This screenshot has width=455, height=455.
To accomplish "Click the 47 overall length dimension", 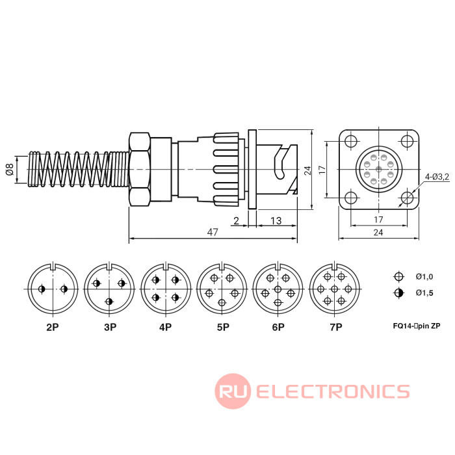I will (x=213, y=232).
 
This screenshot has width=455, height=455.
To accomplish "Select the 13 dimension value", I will (x=275, y=220).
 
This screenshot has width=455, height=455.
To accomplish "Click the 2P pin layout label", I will (x=53, y=327).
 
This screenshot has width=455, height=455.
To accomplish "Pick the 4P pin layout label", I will (x=166, y=327).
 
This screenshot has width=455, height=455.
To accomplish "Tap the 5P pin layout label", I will (x=222, y=327).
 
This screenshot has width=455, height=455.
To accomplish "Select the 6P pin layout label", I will (x=278, y=327).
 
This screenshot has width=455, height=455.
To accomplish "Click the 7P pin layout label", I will (x=335, y=327).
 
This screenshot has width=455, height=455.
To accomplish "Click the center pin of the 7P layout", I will (x=335, y=289).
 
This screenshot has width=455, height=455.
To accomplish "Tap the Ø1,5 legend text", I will (x=424, y=292).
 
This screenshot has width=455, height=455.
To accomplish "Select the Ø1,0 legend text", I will (x=424, y=276).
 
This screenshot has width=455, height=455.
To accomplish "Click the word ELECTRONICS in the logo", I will (x=333, y=391).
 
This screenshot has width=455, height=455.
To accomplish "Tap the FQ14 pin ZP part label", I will (x=417, y=325).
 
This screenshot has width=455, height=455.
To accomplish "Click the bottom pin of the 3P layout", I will (x=109, y=300).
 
